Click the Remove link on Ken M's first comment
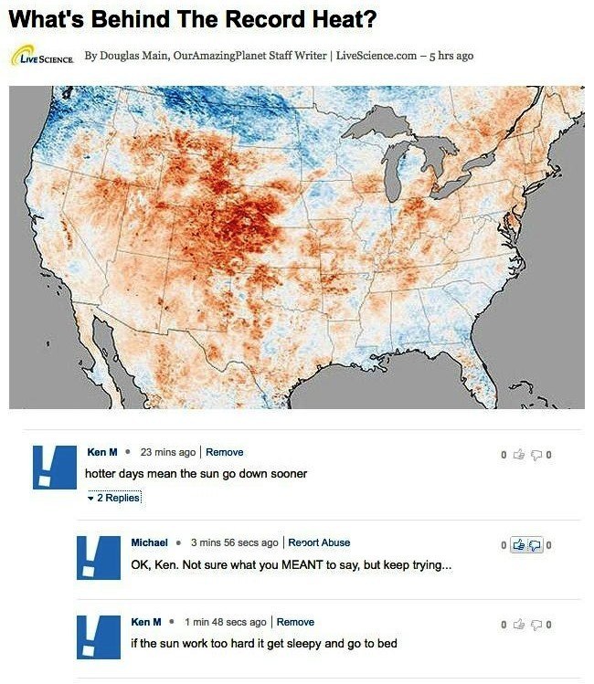[225, 452]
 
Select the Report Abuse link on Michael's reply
[319, 542]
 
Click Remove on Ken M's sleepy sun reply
[295, 622]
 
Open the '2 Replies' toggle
[114, 498]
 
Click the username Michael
[149, 542]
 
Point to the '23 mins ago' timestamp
[168, 452]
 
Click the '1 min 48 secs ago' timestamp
[225, 622]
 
